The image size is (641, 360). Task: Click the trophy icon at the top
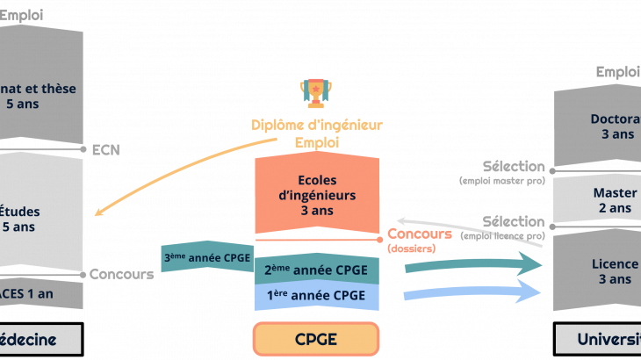point(315,92)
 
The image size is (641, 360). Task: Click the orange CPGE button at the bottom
point(316,339)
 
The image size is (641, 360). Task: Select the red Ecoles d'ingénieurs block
point(316,196)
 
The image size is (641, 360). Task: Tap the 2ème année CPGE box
point(316,270)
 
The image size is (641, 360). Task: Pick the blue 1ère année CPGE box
point(316,296)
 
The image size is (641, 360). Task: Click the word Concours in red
point(420,234)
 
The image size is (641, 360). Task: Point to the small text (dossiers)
point(411,248)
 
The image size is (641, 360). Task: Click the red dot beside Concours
point(379,239)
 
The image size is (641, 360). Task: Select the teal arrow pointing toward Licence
point(474,263)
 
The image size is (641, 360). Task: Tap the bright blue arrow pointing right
point(474,292)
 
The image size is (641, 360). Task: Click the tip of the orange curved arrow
point(98,212)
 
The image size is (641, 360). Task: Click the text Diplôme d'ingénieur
point(317,126)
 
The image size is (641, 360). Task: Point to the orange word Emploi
point(317,141)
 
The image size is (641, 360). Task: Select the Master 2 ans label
point(615,200)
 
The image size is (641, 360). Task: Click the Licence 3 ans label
point(615,271)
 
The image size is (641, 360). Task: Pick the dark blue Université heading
point(609,340)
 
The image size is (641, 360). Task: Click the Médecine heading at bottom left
point(28,340)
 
